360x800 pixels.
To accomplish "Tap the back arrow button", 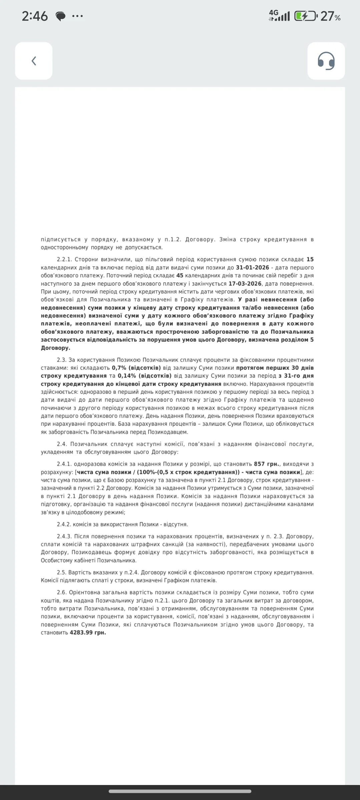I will click(34, 61).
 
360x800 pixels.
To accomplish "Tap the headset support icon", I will click(326, 61).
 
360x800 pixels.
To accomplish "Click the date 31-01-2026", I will click(252, 268).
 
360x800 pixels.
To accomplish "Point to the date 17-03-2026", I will click(245, 284).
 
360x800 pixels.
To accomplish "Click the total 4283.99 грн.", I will click(88, 633).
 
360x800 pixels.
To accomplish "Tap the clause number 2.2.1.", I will click(64, 260).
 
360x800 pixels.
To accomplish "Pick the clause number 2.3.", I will click(62, 360).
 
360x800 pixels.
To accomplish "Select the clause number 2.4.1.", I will click(64, 464).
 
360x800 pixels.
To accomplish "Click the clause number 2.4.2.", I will click(64, 524).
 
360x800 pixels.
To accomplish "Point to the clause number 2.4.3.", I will click(64, 536).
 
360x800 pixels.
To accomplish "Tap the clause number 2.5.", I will click(62, 572).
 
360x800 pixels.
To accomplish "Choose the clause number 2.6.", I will click(62, 592).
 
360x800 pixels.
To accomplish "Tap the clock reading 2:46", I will click(35, 16).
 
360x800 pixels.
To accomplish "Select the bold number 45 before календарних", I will click(180, 276).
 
